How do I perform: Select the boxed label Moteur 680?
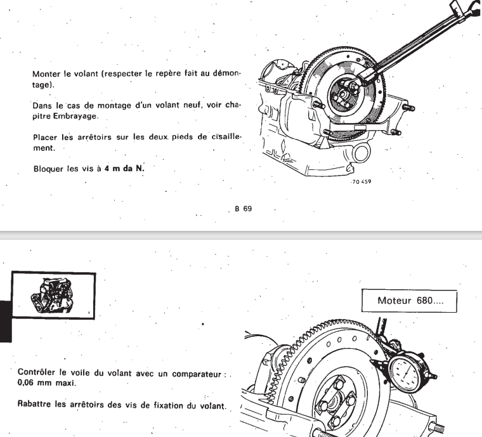[x=408, y=300]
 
